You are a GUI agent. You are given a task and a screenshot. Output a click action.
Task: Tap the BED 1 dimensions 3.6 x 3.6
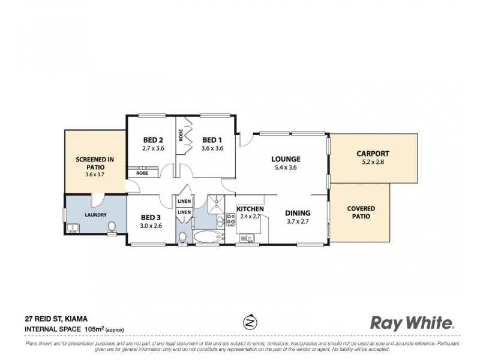[x=212, y=148]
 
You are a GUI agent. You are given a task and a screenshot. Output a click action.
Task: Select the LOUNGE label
[x=285, y=159]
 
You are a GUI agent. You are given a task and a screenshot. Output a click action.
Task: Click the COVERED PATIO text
[x=361, y=212]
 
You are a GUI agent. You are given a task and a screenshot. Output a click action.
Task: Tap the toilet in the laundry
[x=111, y=226]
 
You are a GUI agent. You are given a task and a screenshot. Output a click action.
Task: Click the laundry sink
[x=73, y=227]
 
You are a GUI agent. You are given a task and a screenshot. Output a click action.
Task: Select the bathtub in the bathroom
[x=208, y=236]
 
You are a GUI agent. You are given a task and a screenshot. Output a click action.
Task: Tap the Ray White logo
[x=411, y=323]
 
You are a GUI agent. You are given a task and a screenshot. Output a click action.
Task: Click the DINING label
[x=297, y=213]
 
